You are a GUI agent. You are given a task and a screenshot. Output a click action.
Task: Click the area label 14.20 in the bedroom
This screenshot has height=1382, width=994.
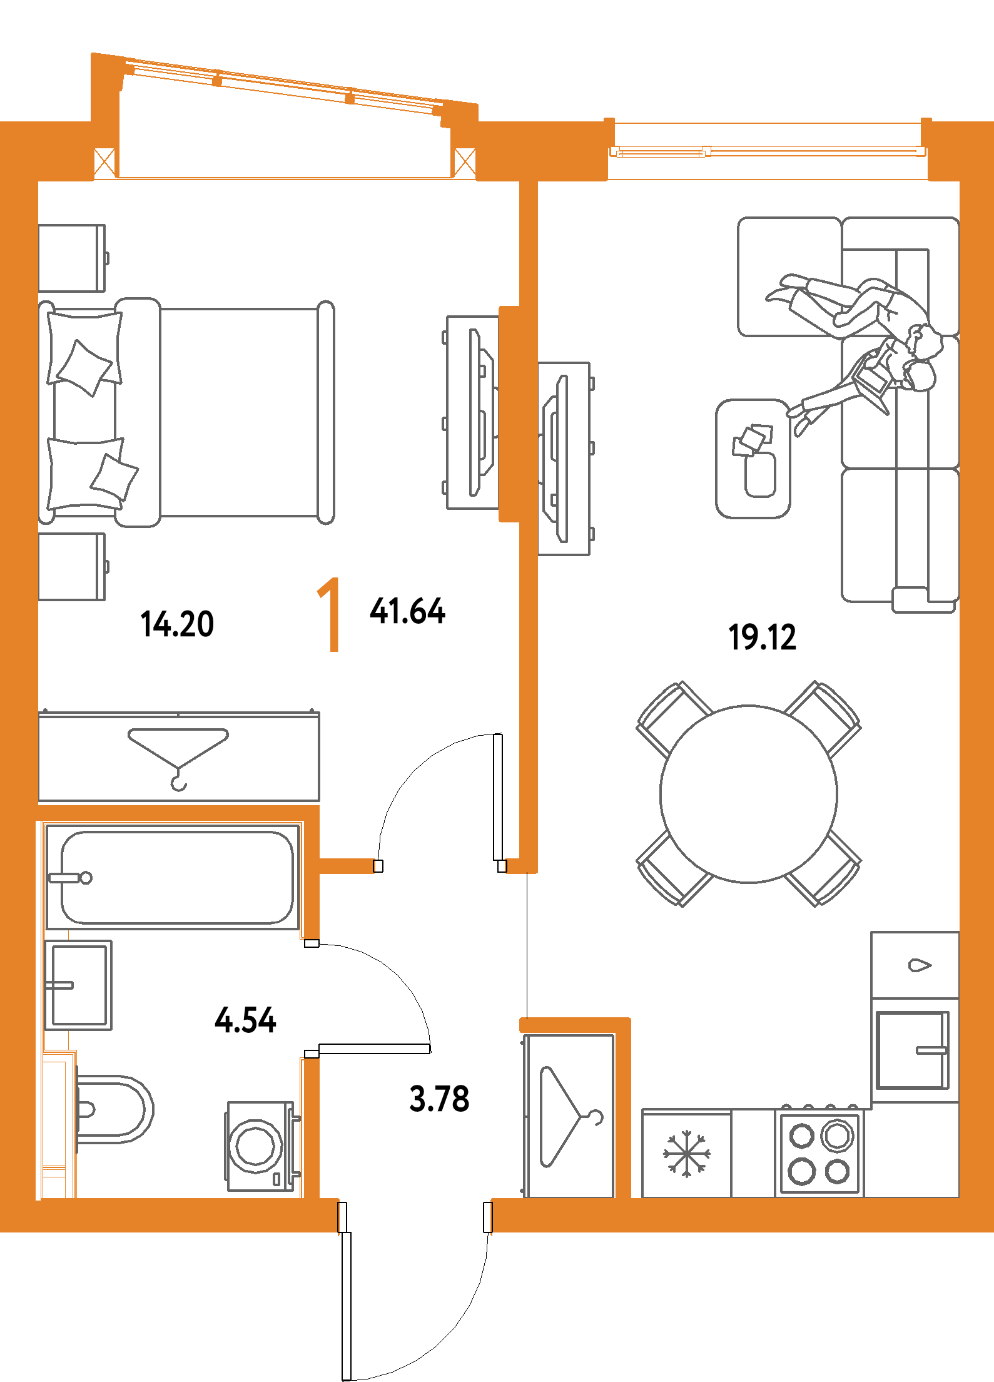(178, 624)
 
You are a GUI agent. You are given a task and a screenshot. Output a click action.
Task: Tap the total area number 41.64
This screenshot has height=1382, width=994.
(407, 611)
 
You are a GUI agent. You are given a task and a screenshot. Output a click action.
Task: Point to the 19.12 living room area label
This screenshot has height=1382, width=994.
(763, 637)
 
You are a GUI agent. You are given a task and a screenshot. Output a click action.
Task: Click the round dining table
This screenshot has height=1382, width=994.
(748, 794)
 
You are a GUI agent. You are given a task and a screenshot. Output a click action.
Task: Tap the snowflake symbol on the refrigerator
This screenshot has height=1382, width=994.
(686, 1154)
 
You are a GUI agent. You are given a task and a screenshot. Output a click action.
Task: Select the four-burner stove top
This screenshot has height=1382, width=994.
(819, 1154)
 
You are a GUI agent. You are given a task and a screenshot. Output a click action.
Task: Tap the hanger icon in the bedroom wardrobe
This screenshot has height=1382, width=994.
(178, 757)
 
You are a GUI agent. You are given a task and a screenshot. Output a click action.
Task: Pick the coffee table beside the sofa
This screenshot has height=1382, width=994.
(753, 459)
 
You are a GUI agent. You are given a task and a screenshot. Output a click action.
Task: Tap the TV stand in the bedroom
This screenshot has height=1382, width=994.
(472, 412)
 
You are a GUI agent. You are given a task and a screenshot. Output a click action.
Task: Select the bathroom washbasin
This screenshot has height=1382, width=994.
(78, 985)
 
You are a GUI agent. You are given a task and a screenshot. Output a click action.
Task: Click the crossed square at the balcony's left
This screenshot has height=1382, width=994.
(104, 163)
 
